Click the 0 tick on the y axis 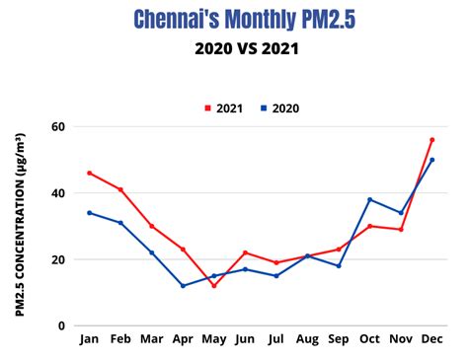(x=61, y=326)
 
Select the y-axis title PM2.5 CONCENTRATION (x=21, y=227)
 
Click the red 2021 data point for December (x=432, y=140)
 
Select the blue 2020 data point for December (x=432, y=160)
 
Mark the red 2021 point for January (x=89, y=173)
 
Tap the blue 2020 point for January (x=89, y=213)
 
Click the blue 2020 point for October (x=369, y=199)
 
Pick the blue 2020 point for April (x=183, y=286)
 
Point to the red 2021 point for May (x=213, y=286)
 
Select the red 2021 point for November (x=401, y=230)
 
